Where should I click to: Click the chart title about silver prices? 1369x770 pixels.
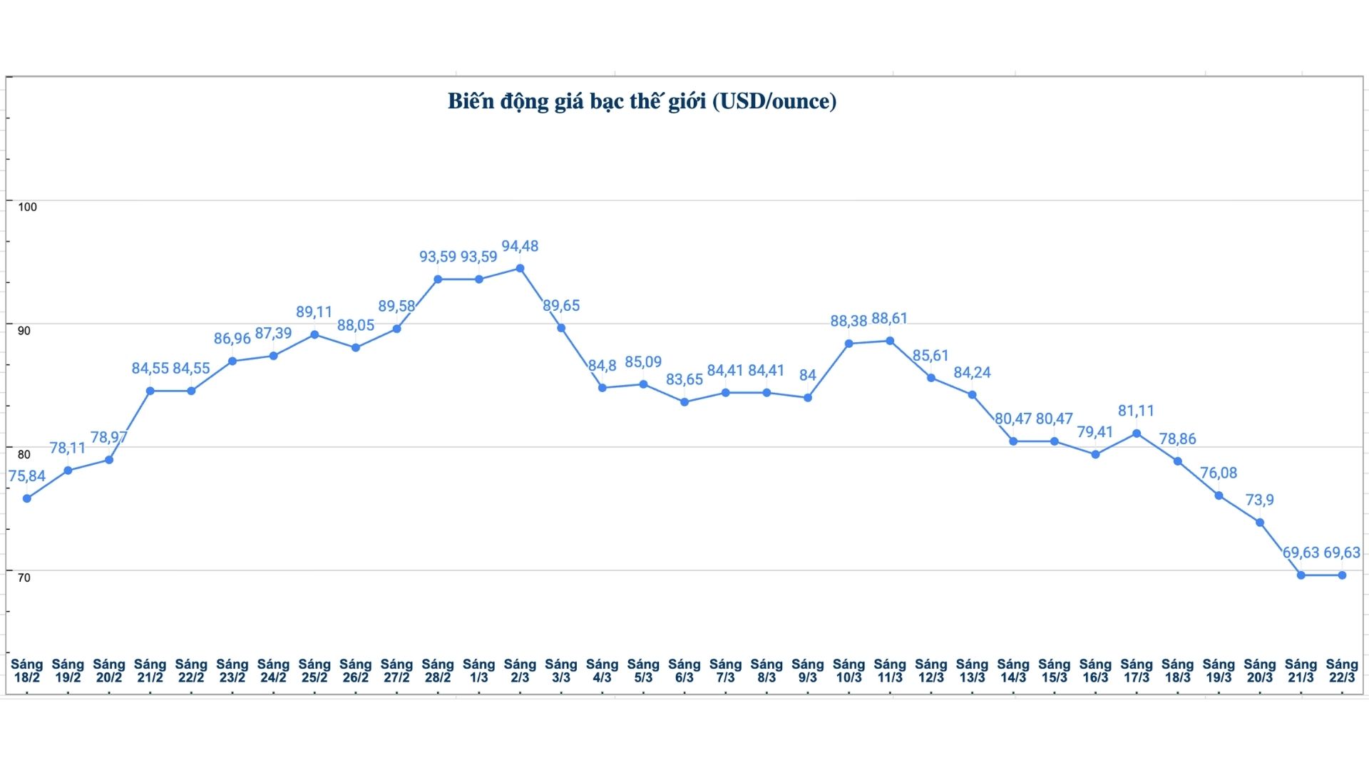click(x=642, y=101)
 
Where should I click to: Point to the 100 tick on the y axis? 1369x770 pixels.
click(x=27, y=207)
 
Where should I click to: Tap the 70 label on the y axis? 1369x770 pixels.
click(x=24, y=577)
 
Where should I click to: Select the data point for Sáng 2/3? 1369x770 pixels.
click(x=520, y=269)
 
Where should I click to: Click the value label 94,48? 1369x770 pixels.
click(x=520, y=247)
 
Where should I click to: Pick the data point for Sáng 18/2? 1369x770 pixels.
click(x=27, y=498)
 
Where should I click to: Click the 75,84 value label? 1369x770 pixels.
click(x=27, y=476)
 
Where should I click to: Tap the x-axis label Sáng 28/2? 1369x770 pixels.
click(x=438, y=671)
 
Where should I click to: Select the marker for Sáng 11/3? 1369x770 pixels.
click(x=890, y=341)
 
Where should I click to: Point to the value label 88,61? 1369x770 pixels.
click(x=890, y=319)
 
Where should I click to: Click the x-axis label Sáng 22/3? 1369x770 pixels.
click(x=1342, y=671)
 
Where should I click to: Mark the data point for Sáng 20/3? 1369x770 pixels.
click(x=1260, y=523)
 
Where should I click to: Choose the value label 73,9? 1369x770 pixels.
click(x=1260, y=500)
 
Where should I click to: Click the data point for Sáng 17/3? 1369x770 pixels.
click(x=1137, y=433)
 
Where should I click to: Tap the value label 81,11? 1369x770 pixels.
click(x=1137, y=411)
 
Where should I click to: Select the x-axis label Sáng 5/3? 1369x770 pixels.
click(x=643, y=671)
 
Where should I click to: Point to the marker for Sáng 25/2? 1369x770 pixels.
click(x=314, y=334)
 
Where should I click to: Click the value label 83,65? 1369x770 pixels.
click(x=684, y=380)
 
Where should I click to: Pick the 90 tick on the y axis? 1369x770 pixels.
click(x=24, y=331)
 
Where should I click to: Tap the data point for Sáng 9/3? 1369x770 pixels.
click(x=808, y=398)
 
